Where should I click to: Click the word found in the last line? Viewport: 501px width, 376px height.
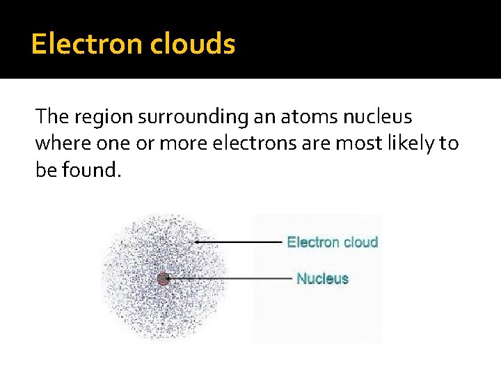pos(93,169)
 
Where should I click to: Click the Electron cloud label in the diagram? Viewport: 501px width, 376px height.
pos(332,242)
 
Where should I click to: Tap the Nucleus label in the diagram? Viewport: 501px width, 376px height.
pos(322,279)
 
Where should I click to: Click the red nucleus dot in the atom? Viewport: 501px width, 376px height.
pos(164,279)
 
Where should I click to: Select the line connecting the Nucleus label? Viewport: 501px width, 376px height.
pos(230,279)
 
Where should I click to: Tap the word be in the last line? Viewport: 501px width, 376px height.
pos(46,169)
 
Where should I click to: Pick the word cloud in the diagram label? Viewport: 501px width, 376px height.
pos(360,242)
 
